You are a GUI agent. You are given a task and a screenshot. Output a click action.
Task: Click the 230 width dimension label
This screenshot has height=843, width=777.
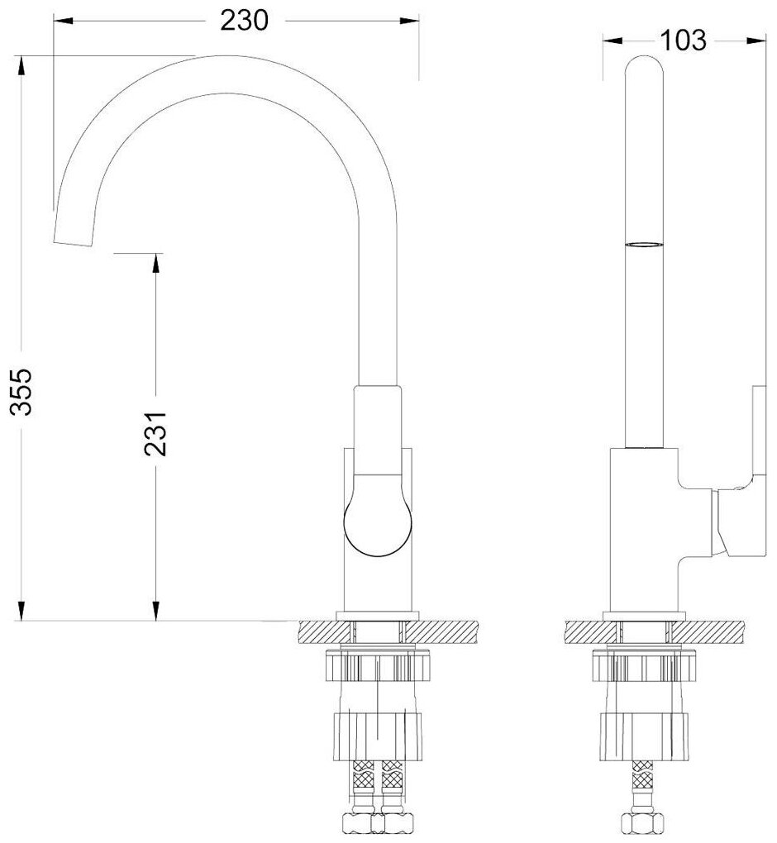pyautogui.click(x=244, y=21)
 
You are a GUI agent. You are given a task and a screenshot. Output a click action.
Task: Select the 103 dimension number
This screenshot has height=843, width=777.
pyautogui.click(x=682, y=40)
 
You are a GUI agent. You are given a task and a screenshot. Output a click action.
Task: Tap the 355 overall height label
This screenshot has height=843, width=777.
pyautogui.click(x=22, y=391)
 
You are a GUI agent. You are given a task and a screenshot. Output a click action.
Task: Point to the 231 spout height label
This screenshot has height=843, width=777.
pyautogui.click(x=155, y=435)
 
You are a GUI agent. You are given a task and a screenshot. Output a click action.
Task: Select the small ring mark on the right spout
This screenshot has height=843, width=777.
pyautogui.click(x=645, y=245)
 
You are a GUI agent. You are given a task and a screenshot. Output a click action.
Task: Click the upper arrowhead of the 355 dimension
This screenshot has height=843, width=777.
pyautogui.click(x=21, y=68)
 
